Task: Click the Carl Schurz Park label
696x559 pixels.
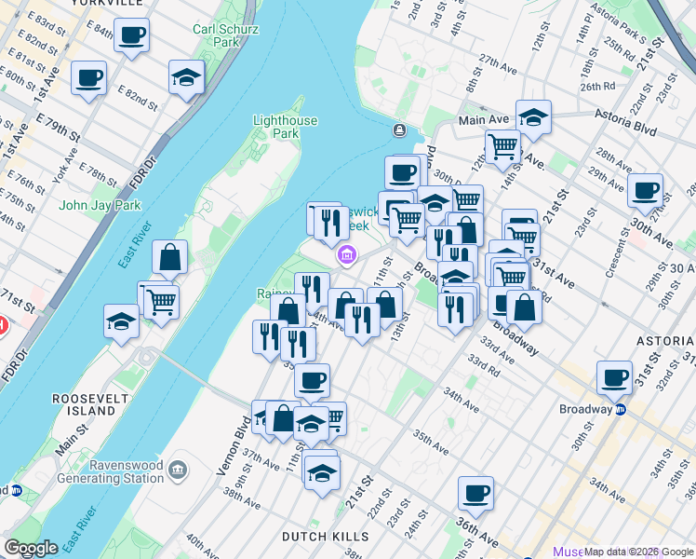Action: [216, 35]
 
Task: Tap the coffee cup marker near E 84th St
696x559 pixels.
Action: [131, 36]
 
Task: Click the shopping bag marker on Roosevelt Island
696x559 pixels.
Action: [170, 258]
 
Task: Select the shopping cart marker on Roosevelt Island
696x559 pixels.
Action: [161, 300]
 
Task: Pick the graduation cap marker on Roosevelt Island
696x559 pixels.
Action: [122, 321]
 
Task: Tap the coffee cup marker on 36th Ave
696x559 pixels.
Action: [475, 494]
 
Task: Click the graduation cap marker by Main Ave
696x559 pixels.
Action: [533, 117]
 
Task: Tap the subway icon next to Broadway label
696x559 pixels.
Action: [620, 408]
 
